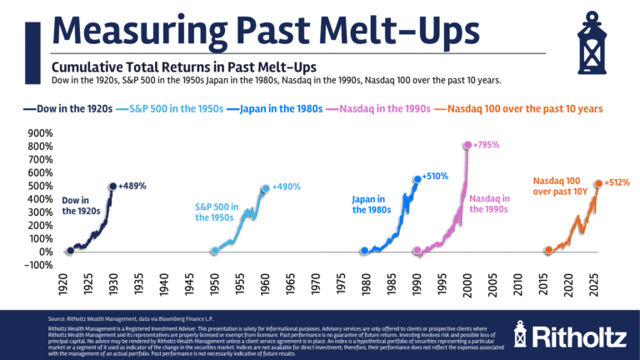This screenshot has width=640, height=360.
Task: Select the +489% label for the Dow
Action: pos(132,186)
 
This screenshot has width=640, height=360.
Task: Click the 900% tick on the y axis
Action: pos(41,133)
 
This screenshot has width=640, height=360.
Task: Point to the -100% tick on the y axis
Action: pos(39,265)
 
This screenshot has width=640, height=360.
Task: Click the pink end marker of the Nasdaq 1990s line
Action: pos(467,145)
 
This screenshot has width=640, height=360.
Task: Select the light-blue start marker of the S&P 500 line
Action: pos(214,251)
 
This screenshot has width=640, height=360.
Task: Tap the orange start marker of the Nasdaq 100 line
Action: pos(548,250)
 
